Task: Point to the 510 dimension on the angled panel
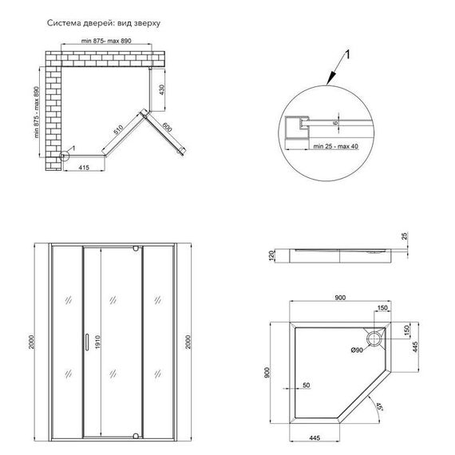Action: tap(120, 127)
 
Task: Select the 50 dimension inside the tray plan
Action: tap(307, 386)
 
